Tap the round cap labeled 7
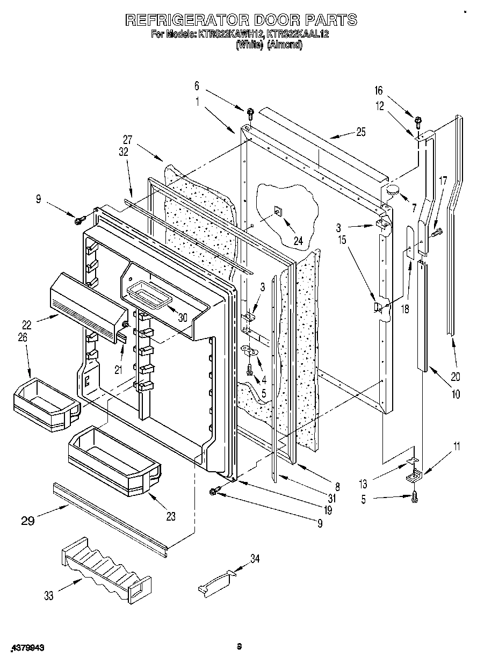tap(393, 189)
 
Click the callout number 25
tap(360, 133)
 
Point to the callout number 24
tap(298, 241)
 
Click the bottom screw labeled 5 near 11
tap(415, 498)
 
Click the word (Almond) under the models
tap(285, 45)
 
